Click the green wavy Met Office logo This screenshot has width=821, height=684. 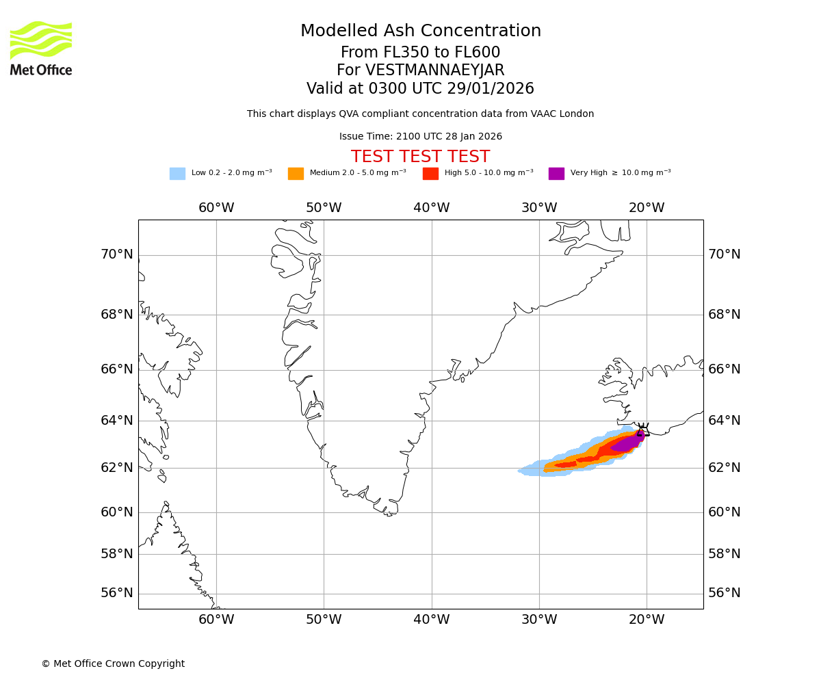40,40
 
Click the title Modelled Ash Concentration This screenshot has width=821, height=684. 420,31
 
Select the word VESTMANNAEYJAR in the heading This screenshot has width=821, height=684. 435,70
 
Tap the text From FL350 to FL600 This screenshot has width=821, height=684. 420,53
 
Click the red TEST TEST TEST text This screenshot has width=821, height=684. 420,157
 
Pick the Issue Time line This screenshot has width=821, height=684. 420,137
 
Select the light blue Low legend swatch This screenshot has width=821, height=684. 177,174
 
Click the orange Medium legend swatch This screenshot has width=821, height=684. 296,174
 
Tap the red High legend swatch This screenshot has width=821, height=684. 430,174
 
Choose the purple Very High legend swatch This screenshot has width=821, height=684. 556,174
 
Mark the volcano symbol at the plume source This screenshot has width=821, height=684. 643,430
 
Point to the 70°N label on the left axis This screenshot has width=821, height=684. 117,254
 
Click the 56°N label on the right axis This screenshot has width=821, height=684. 725,593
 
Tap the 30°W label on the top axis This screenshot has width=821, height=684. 539,208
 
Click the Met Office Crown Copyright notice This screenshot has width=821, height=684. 113,664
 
